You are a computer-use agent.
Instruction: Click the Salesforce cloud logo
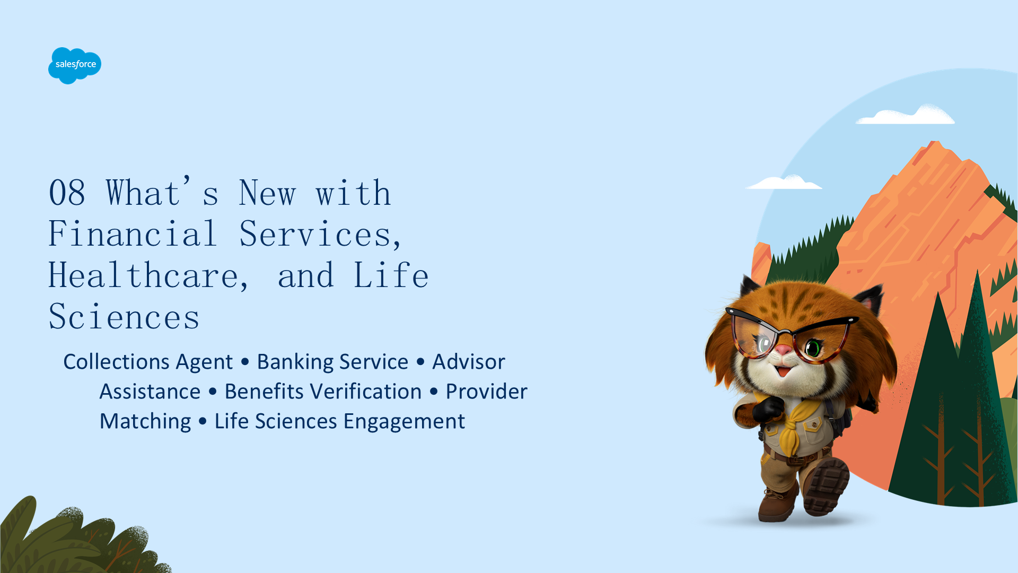[75, 65]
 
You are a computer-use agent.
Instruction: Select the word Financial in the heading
[133, 233]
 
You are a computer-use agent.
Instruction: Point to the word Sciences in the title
[124, 317]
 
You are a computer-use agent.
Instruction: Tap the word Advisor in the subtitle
[469, 362]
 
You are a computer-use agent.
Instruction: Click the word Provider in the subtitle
[486, 392]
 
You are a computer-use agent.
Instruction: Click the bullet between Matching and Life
[203, 422]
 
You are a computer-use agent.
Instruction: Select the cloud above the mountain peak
[906, 115]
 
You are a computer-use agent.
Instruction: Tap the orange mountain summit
[935, 145]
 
